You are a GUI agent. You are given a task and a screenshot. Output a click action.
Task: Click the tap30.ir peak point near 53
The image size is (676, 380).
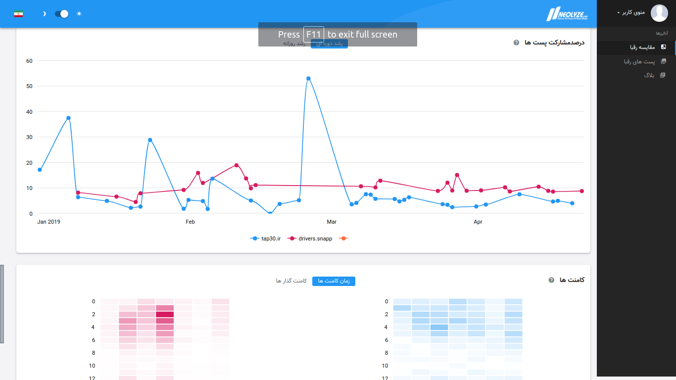click(308, 79)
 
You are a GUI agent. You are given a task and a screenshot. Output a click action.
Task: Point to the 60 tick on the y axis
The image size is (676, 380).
click(29, 61)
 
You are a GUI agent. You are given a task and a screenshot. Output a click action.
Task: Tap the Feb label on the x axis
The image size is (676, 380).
click(190, 222)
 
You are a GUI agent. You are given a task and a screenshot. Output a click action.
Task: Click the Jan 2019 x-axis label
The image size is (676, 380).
click(48, 222)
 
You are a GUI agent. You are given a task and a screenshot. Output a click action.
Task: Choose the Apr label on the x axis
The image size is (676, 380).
click(478, 222)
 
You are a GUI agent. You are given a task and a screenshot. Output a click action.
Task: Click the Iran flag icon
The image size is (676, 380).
click(18, 13)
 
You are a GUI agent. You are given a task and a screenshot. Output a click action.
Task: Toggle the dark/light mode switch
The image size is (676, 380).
click(61, 13)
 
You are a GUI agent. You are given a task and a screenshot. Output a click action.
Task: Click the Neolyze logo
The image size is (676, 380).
click(567, 14)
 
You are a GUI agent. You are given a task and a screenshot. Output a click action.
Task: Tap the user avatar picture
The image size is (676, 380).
click(659, 13)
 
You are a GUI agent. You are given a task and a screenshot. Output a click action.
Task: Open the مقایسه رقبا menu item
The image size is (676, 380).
click(642, 47)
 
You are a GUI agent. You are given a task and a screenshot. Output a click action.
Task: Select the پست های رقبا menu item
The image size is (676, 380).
click(639, 61)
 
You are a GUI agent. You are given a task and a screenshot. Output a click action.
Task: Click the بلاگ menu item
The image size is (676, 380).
click(649, 75)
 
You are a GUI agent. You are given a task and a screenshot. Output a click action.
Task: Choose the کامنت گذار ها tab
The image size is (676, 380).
click(291, 281)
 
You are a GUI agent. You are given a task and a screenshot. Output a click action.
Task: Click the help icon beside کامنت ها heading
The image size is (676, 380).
click(551, 280)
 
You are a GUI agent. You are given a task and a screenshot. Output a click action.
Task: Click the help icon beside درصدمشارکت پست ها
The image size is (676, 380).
click(517, 43)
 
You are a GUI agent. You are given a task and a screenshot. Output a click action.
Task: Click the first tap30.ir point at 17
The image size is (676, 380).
click(40, 170)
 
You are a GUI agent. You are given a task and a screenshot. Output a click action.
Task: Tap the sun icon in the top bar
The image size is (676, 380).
click(79, 13)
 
